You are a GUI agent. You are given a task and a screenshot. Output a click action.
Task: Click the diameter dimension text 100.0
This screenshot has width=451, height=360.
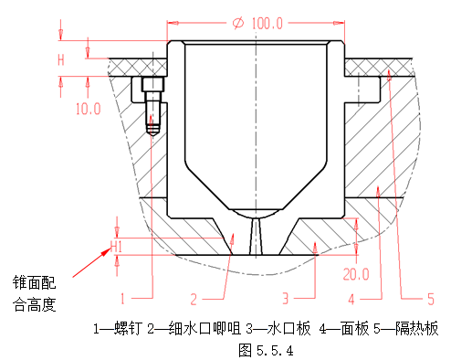pos(265,22)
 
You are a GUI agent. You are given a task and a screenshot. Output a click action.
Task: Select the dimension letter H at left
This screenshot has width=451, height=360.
pos(61,60)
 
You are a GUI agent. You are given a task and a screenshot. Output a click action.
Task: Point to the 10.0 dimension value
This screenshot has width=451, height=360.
pos(88,109)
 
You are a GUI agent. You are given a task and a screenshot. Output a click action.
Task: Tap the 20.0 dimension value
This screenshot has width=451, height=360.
pos(356,273)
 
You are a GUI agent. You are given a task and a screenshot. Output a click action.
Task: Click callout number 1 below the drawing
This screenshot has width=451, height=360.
pos(123,298)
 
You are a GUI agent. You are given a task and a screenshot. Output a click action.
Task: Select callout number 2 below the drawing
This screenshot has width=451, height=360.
pos(194,298)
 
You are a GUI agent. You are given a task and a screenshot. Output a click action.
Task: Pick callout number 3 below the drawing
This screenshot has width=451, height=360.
pos(286,298)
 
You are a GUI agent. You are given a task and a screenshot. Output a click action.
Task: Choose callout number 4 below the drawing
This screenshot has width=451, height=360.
pos(351,298)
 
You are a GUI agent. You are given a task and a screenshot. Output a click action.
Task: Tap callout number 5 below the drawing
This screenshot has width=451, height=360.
pos(431,298)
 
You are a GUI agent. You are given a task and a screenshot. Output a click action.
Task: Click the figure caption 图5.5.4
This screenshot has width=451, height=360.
pos(265,349)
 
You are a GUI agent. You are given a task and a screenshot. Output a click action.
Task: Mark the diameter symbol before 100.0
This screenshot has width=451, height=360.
pos(238,22)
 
